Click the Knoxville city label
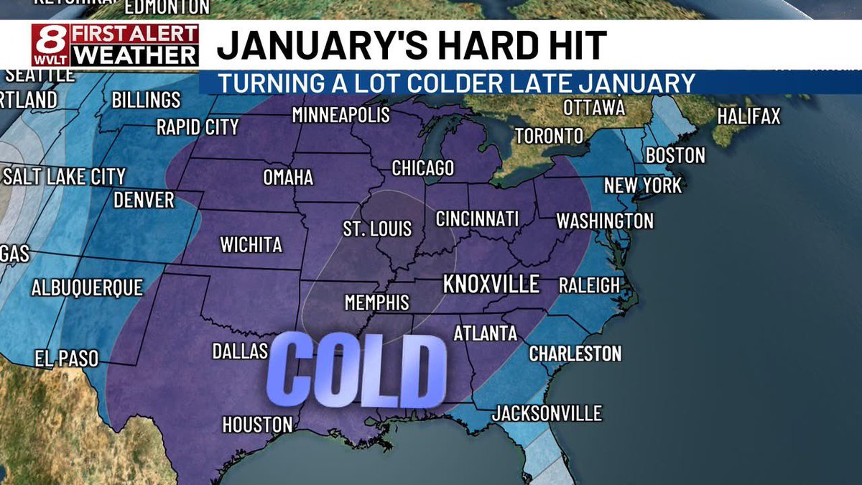491,284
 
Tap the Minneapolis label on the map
340,115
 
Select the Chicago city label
422,168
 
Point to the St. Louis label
376,229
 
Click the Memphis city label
376,302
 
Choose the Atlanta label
485,333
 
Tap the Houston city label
257,425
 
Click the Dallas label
240,351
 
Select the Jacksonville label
547,414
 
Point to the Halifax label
749,116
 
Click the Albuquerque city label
87,288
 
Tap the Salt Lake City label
64,176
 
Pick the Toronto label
549,135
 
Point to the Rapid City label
198,128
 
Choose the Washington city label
605,221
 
